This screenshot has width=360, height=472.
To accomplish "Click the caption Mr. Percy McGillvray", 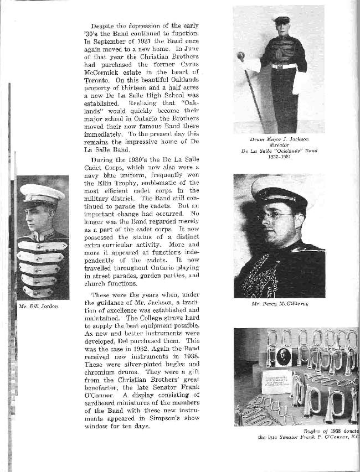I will pyautogui.click(x=279, y=304).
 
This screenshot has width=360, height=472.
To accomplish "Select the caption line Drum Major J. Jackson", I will pyautogui.click(x=279, y=141).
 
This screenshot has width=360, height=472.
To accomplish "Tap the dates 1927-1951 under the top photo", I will pyautogui.click(x=279, y=156).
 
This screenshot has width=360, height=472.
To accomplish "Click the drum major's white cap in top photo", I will pyautogui.click(x=281, y=18).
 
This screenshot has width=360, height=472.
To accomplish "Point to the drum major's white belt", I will pyautogui.click(x=283, y=66).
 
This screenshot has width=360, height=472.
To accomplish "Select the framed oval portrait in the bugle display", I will pyautogui.click(x=284, y=357).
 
